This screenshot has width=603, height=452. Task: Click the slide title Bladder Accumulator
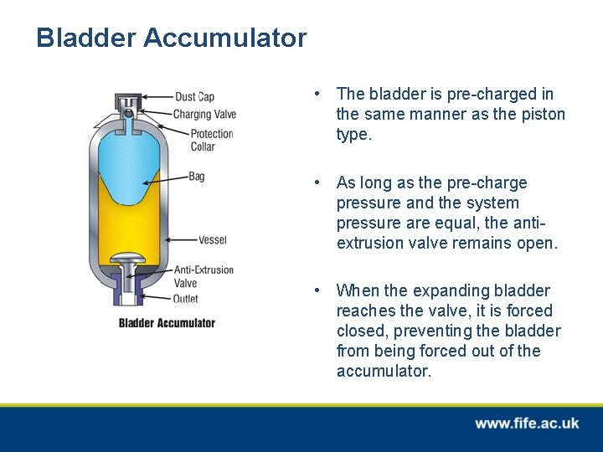click(171, 38)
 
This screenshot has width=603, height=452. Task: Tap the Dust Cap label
click(194, 97)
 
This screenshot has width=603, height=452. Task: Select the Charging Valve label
click(204, 114)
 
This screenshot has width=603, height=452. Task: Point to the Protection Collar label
click(211, 140)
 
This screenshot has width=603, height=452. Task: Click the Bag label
click(196, 177)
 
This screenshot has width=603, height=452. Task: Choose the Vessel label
click(212, 240)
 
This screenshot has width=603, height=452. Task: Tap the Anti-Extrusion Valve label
click(203, 276)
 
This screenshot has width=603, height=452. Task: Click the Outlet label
click(185, 298)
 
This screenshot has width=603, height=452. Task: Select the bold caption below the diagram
click(167, 323)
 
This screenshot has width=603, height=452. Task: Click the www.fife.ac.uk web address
click(526, 424)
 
